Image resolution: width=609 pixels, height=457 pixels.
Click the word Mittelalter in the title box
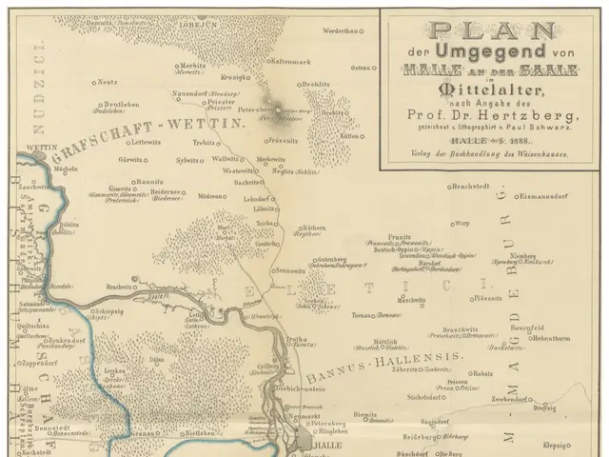coord(491,91)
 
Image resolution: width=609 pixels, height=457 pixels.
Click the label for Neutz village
coord(107,82)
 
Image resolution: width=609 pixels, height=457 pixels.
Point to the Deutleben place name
coord(122,105)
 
